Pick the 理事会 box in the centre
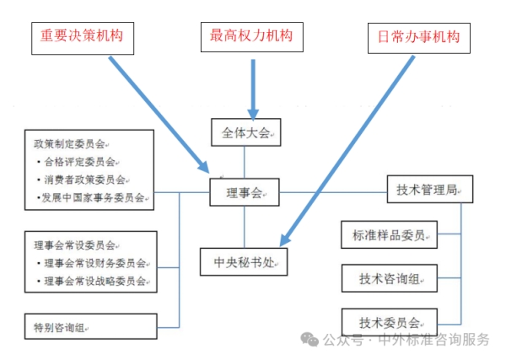245,193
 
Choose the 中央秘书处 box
244,261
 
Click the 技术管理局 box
429,190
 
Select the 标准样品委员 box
390,234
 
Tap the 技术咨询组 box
390,278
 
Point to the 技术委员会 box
390,321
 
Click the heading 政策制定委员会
67,143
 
